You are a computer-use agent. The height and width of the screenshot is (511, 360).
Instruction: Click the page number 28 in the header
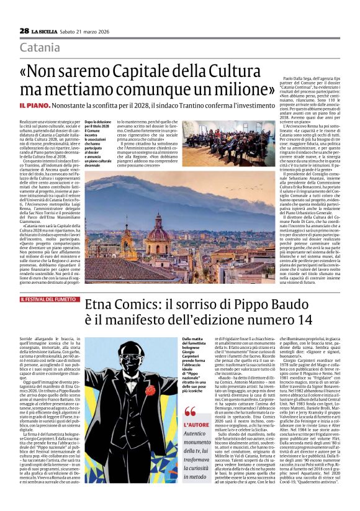[x=24, y=30]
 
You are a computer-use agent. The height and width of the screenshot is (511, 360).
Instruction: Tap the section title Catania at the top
[x=40, y=48]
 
